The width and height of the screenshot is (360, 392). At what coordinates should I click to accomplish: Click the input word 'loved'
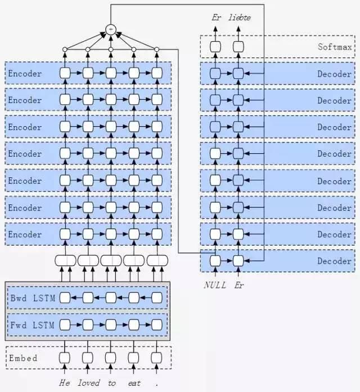point(89,383)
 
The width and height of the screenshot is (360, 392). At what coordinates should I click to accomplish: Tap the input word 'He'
point(65,383)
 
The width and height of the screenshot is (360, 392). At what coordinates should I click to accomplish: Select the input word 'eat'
point(134,383)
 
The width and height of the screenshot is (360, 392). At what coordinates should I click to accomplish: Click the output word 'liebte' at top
point(240,17)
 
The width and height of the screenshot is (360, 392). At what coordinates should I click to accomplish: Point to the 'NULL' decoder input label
point(215,285)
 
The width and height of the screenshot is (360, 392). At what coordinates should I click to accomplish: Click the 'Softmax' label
point(335,47)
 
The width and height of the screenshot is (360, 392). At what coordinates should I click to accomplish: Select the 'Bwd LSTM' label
point(33,298)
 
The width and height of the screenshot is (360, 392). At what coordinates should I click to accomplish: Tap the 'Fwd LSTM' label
point(32,325)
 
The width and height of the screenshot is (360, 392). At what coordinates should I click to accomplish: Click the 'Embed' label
point(23,358)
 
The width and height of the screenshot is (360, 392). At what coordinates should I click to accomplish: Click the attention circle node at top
point(111,29)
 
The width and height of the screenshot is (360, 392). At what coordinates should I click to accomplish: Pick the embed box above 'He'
point(65,358)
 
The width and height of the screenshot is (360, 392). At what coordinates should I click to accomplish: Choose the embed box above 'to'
point(111,358)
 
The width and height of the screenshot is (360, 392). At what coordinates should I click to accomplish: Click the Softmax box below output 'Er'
point(215,47)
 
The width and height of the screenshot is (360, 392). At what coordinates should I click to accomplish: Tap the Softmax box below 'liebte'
point(238,47)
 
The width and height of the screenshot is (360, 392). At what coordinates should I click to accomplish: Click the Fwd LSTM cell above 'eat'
point(134,325)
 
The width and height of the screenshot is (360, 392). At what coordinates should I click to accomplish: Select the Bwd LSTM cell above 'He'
point(65,298)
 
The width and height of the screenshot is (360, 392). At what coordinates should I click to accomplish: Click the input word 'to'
point(111,383)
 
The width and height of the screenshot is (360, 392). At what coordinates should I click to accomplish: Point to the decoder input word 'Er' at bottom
point(239,285)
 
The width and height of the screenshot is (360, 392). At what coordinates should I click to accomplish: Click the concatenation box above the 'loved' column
point(88,261)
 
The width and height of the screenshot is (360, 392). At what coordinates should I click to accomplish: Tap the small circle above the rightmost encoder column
point(157,50)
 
